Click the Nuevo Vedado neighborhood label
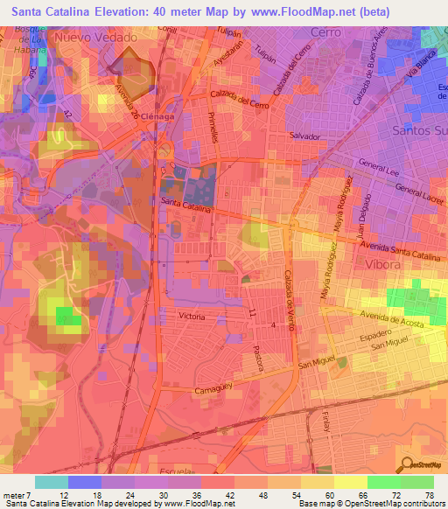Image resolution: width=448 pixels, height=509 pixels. (x=95, y=38)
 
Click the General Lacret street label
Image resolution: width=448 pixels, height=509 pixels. (x=417, y=192)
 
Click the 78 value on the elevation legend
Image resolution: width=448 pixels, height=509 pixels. (x=429, y=495)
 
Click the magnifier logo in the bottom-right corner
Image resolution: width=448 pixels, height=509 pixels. (x=406, y=464)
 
